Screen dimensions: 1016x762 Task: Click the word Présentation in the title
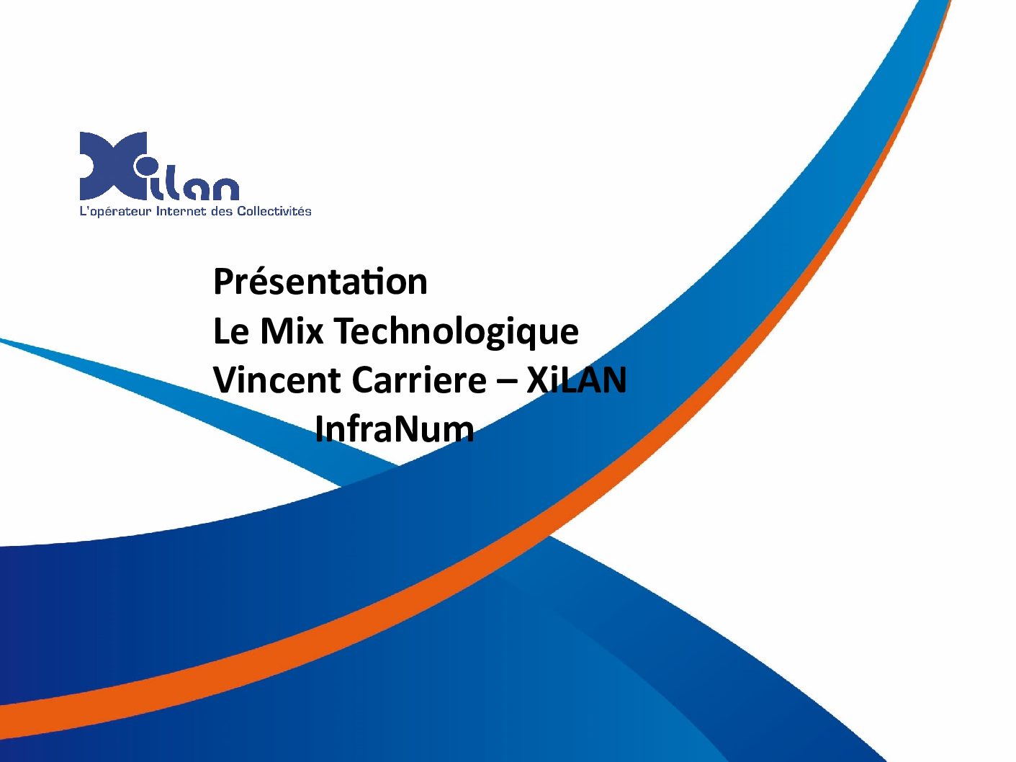(x=320, y=281)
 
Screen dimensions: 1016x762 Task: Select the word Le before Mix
(x=231, y=331)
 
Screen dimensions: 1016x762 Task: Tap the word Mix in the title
(x=292, y=331)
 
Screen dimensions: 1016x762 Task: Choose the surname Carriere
(x=419, y=380)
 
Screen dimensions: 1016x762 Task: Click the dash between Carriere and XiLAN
(x=506, y=382)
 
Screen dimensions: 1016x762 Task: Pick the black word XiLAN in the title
(x=576, y=380)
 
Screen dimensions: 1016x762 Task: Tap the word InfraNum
(x=395, y=429)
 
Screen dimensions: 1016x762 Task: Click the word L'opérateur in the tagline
(x=116, y=212)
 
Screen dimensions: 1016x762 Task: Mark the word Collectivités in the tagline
(x=274, y=211)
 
